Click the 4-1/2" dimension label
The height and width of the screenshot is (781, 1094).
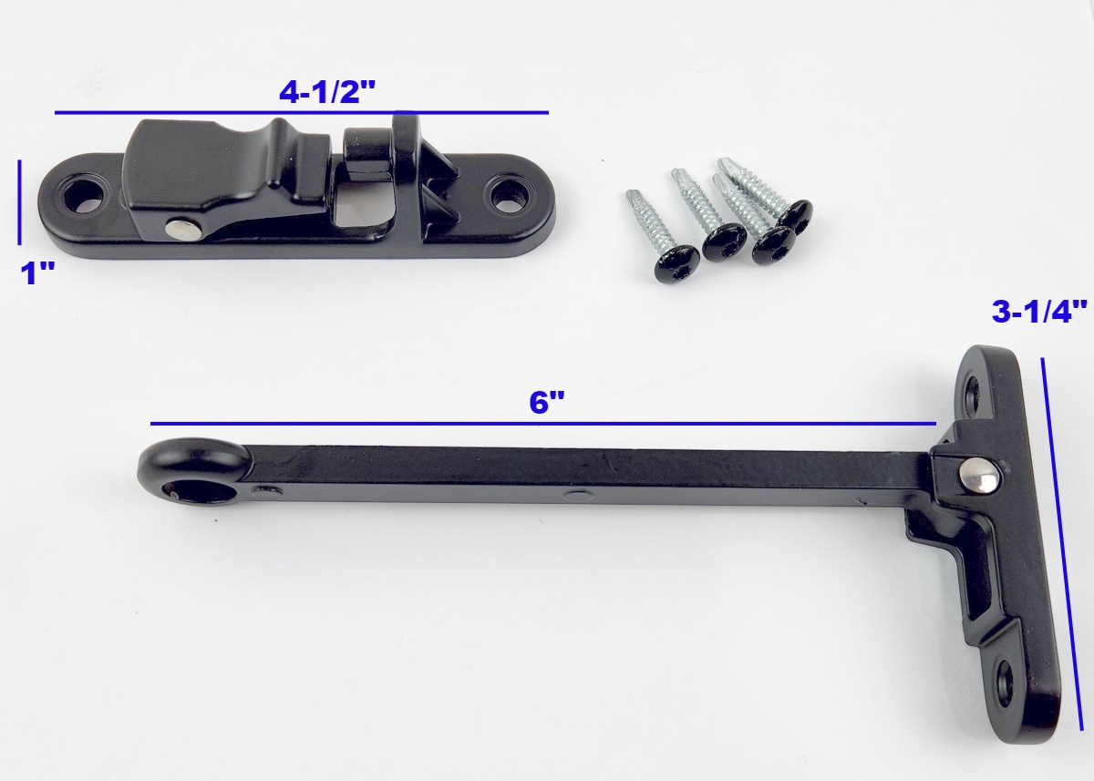[x=326, y=91]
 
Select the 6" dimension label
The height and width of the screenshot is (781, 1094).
[x=546, y=403]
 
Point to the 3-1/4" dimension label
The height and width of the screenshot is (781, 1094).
[x=1040, y=312]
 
